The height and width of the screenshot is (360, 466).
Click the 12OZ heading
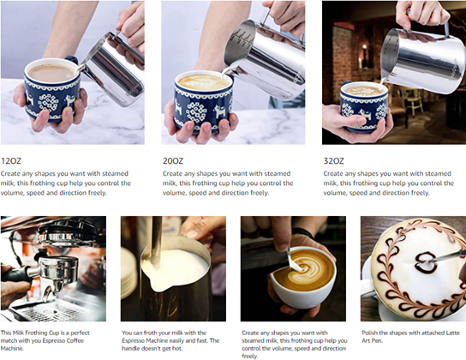click(11, 161)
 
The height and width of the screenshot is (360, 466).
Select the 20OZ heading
click(173, 161)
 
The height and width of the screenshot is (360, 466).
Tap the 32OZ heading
click(333, 161)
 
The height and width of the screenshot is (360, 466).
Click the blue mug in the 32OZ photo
click(364, 106)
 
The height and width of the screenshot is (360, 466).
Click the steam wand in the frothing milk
click(156, 241)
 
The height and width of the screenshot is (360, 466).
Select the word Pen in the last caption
click(378, 340)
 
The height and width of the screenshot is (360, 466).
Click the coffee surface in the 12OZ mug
click(51, 72)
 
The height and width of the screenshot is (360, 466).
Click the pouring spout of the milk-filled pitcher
click(157, 285)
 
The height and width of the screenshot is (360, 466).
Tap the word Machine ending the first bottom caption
click(11, 348)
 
